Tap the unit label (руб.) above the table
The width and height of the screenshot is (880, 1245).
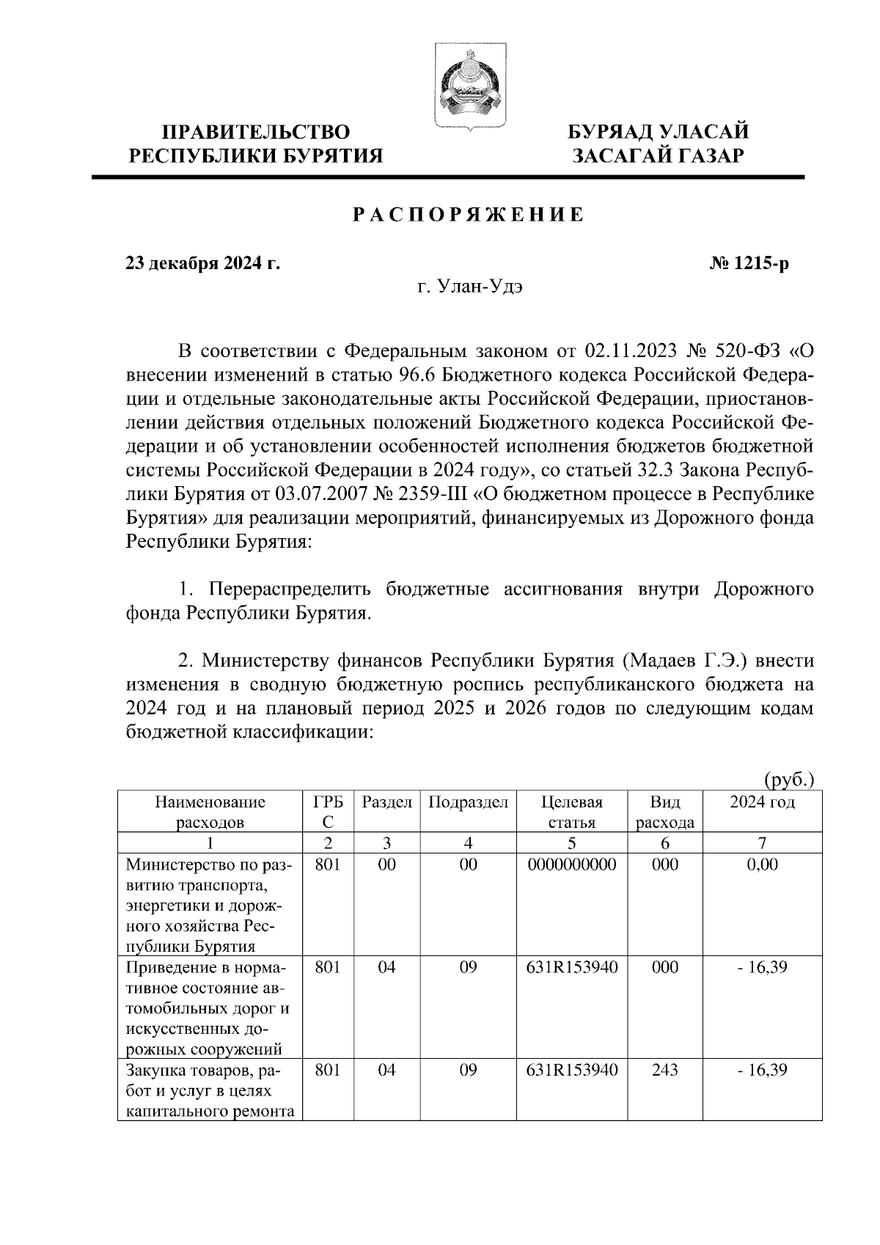(789, 778)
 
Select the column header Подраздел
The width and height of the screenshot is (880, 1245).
(468, 802)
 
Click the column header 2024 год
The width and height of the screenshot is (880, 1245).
(762, 802)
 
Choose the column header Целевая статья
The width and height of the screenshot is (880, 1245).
(571, 812)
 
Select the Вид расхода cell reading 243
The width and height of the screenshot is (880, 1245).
(664, 1070)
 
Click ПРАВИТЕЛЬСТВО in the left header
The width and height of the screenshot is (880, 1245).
(255, 132)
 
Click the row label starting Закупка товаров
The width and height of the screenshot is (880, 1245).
(210, 1091)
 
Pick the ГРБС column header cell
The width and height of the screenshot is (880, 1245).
(328, 812)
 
